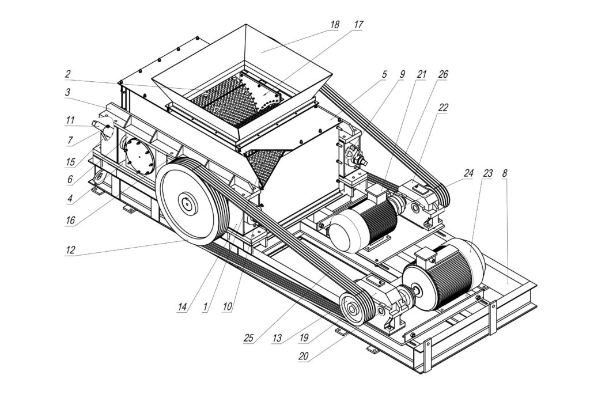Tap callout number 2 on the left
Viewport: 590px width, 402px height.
pyautogui.click(x=67, y=74)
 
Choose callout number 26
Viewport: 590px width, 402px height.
pyautogui.click(x=442, y=74)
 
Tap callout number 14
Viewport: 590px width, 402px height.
pyautogui.click(x=183, y=308)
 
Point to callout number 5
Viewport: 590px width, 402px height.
pyautogui.click(x=383, y=74)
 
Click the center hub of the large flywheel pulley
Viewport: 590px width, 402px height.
pyautogui.click(x=188, y=203)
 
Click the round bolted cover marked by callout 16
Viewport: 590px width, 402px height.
pyautogui.click(x=135, y=156)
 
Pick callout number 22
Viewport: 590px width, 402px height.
pyautogui.click(x=442, y=107)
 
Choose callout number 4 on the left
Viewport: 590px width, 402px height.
pyautogui.click(x=70, y=200)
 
